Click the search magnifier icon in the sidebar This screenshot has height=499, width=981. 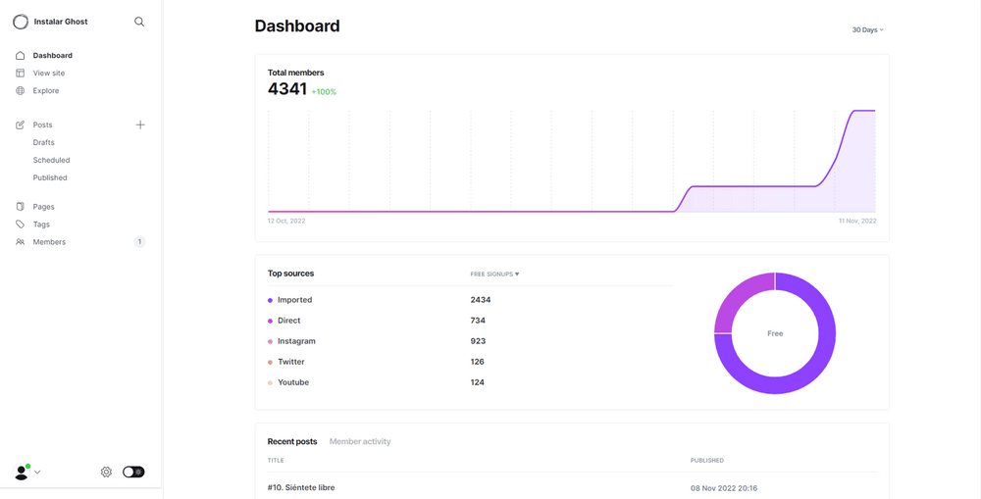(139, 22)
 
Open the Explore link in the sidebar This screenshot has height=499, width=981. (46, 90)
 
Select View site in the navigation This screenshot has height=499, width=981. (49, 74)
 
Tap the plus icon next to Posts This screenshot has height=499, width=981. (140, 125)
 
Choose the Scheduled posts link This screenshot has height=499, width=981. (51, 160)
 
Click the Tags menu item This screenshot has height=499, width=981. (41, 225)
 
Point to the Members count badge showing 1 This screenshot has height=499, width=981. (139, 242)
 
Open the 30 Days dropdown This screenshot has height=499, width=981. (868, 30)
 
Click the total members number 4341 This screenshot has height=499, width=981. (287, 89)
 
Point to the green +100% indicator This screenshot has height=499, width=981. (324, 92)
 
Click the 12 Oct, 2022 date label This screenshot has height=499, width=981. (286, 221)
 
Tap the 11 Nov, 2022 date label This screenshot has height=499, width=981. (857, 221)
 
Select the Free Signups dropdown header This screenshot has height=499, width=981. (494, 274)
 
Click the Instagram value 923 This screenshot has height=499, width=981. (478, 341)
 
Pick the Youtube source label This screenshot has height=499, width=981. (293, 382)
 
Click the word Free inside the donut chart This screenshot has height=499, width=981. (775, 334)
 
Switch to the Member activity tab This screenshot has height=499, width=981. (360, 441)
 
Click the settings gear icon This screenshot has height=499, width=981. (106, 473)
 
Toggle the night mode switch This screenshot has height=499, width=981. (133, 473)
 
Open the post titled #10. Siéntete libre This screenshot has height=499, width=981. (301, 488)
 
